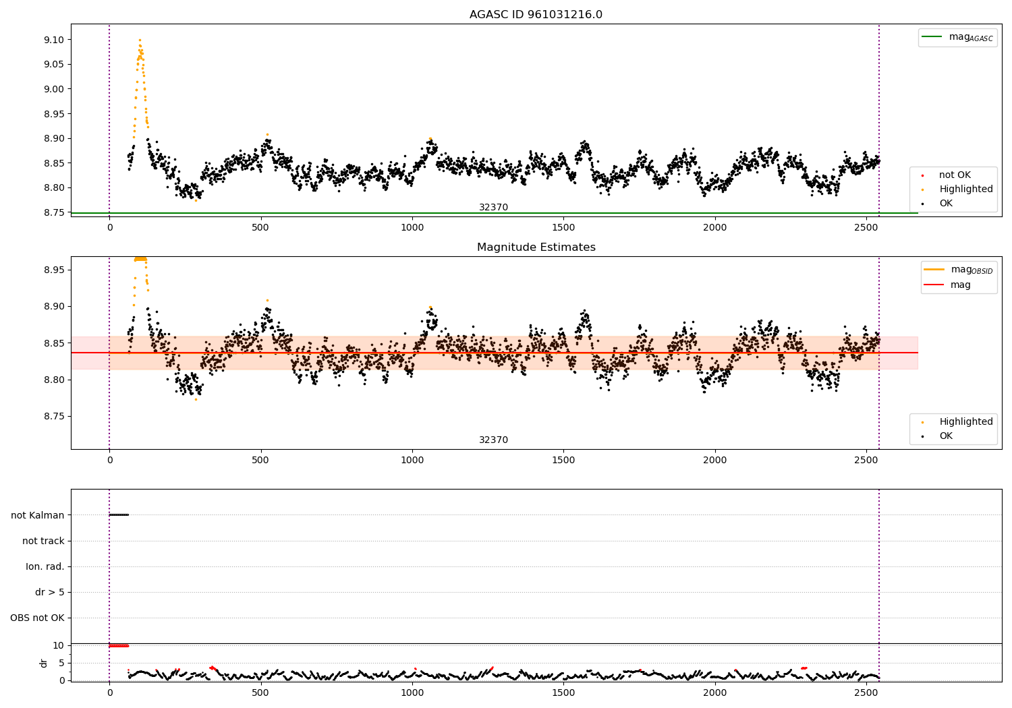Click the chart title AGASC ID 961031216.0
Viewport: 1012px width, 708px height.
point(536,14)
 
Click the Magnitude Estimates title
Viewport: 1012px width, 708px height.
point(536,247)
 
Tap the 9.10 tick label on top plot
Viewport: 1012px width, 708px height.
point(54,40)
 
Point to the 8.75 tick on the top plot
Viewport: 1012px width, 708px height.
point(54,212)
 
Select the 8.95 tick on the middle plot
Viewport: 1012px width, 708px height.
point(54,270)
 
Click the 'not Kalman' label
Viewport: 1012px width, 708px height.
point(38,515)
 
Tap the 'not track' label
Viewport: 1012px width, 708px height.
point(43,541)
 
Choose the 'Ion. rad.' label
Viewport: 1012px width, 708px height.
point(45,566)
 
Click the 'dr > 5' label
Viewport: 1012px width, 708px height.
point(50,592)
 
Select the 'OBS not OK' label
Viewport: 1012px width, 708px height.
point(38,618)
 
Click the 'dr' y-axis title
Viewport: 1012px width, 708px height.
point(43,663)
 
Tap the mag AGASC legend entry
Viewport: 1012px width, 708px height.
point(957,37)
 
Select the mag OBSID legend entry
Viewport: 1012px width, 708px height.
point(958,270)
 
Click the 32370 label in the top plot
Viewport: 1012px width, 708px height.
point(493,207)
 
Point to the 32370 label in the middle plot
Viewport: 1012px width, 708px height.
point(493,440)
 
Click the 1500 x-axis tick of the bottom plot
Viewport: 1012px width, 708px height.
point(563,692)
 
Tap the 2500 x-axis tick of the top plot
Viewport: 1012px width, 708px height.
point(866,228)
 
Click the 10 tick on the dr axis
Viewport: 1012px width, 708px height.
point(58,646)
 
